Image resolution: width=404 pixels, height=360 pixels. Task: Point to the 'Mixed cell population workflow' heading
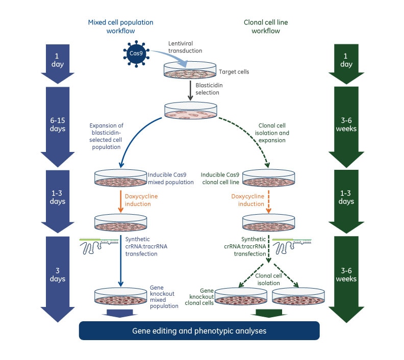120,26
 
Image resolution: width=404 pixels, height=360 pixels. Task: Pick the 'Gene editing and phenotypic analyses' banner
199,330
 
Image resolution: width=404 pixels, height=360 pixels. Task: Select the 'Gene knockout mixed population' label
164,297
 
